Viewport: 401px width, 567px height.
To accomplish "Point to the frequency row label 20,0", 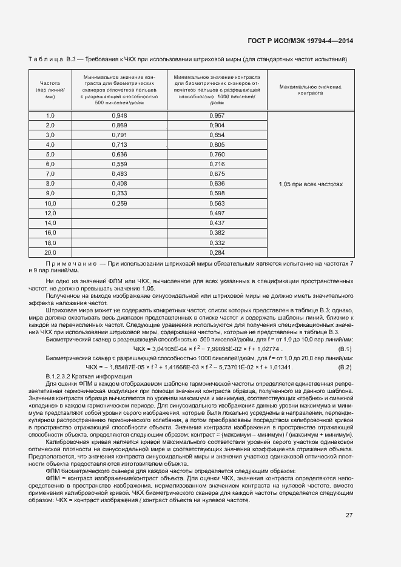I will click(50, 252).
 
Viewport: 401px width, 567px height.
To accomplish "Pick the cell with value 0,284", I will click(217, 252).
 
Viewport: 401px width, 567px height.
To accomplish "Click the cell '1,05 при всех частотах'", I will click(311, 183).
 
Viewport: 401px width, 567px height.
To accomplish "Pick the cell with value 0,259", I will click(120, 204).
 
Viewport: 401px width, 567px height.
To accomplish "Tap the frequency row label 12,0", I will click(50, 213).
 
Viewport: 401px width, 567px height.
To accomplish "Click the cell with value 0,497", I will click(217, 213).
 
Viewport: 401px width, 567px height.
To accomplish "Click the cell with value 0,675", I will click(217, 174).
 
